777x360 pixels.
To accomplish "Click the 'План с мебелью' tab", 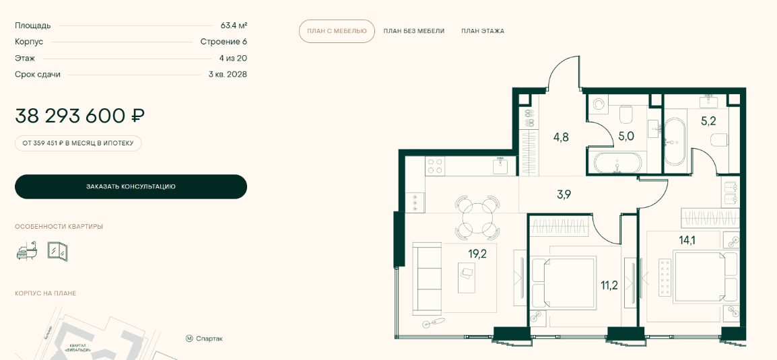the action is pos(337,31).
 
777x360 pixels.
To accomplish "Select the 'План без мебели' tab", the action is pos(414,31).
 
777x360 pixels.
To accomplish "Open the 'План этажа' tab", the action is pos(483,31).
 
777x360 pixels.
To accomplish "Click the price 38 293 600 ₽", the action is pos(79,116).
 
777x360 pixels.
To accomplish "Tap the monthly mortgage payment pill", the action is pos(78,143).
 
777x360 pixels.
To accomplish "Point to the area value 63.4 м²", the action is pos(234,26).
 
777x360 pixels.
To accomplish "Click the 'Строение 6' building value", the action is pos(224,42).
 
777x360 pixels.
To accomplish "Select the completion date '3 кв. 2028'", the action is pos(228,74).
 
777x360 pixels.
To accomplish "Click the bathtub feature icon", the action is pos(26,251).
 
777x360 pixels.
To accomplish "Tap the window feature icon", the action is pos(57,251).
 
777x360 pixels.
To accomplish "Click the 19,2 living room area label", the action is pos(477,254).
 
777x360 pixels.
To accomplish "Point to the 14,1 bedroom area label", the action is pos(688,240).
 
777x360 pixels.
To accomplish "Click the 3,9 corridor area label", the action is pos(564,194).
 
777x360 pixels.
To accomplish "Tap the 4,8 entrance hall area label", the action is pos(560,137).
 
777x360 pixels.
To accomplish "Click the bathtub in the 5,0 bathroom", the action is pos(615,163).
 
